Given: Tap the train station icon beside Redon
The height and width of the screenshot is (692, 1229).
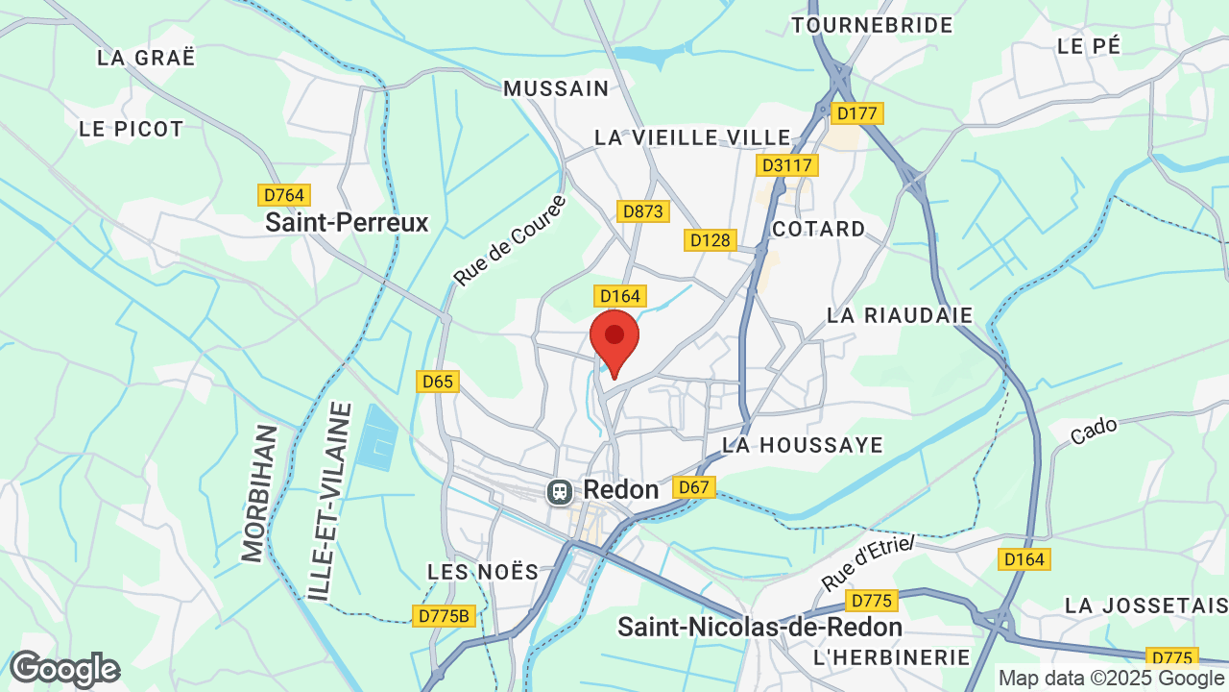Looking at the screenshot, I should click(x=559, y=492).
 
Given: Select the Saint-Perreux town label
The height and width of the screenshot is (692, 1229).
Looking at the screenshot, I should click(x=347, y=223).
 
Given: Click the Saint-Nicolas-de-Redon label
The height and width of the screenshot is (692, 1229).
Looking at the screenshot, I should click(x=759, y=628).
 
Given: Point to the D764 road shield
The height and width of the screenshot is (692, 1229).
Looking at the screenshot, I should click(x=283, y=195).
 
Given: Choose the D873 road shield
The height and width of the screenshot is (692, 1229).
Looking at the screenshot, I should click(x=642, y=210).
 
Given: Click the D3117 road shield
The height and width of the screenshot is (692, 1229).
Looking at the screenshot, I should click(x=787, y=165).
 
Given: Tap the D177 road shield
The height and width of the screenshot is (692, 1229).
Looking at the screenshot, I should click(x=856, y=113).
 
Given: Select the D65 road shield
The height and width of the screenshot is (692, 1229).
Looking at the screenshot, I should click(x=438, y=382).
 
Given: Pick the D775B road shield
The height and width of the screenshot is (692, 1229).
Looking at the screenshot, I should click(x=445, y=616).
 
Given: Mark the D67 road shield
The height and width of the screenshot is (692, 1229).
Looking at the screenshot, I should click(x=693, y=487).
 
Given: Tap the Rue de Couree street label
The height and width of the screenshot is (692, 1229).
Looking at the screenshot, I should click(x=510, y=240).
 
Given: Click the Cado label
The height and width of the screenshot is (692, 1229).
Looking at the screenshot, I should click(x=1094, y=430).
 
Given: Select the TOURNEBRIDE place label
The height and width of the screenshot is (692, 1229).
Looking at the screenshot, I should click(x=872, y=25).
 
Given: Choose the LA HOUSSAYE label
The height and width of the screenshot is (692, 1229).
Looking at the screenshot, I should click(x=803, y=445).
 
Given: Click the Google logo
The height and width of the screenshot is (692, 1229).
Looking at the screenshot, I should click(x=64, y=669).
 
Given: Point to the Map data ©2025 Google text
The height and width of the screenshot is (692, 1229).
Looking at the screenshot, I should click(x=1112, y=679).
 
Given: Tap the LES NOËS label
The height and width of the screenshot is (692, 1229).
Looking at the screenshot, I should click(x=483, y=572).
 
